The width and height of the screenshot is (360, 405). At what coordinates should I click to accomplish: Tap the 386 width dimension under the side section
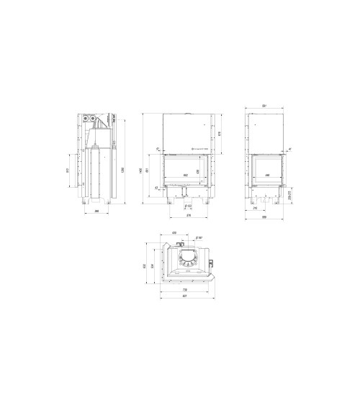(x=96, y=211)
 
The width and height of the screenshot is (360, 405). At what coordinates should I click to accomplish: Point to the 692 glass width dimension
(x=186, y=175)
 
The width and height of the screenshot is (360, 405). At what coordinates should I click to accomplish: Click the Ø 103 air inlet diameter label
(x=187, y=205)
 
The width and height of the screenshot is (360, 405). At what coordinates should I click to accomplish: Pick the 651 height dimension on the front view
(x=149, y=170)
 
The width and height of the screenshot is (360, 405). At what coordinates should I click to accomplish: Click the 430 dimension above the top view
(x=174, y=233)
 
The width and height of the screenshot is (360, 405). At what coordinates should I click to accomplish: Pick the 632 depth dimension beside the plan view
(x=146, y=266)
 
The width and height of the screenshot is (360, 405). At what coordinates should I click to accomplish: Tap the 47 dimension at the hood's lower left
(x=157, y=149)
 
